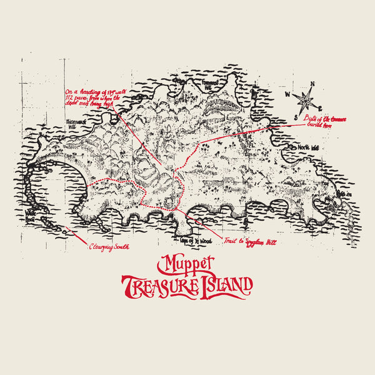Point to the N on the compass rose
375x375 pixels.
(x=312, y=84)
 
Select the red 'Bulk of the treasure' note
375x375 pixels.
(x=338, y=118)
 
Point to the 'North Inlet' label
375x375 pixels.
(x=308, y=147)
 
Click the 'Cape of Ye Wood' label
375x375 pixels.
(x=196, y=241)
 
